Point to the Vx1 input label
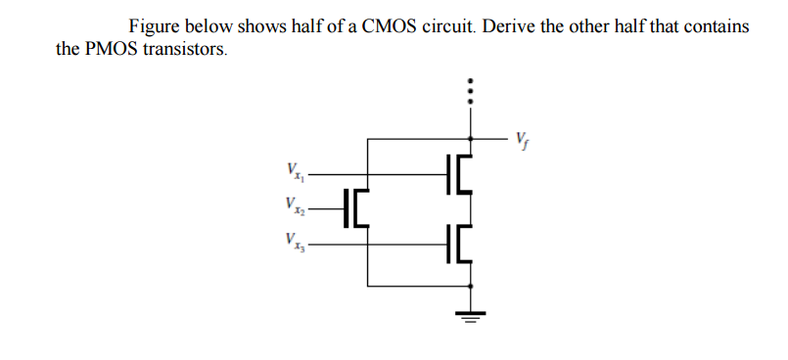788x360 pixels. pyautogui.click(x=291, y=175)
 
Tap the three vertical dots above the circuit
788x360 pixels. pyautogui.click(x=473, y=93)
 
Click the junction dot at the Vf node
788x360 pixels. pyautogui.click(x=473, y=138)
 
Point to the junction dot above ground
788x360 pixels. pyautogui.click(x=473, y=287)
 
